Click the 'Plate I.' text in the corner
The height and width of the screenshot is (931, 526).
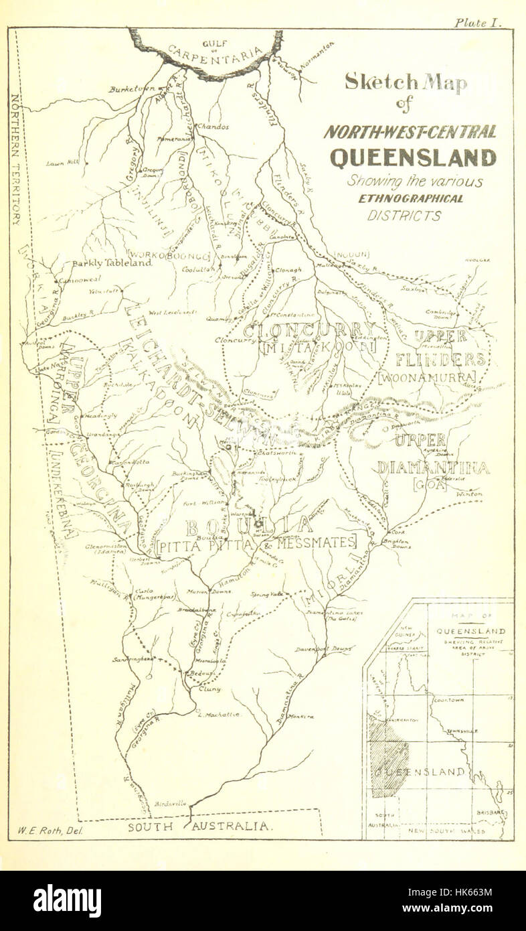coord(477,22)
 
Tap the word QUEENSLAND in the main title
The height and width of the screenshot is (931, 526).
coord(413,157)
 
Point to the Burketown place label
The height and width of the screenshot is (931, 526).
coord(132,88)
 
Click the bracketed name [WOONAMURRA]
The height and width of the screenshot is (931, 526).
coord(426,378)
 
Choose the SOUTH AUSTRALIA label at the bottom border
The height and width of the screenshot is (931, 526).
coord(201,827)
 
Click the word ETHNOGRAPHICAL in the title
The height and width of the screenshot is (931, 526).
coord(410,199)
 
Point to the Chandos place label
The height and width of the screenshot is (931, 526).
coord(213,126)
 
